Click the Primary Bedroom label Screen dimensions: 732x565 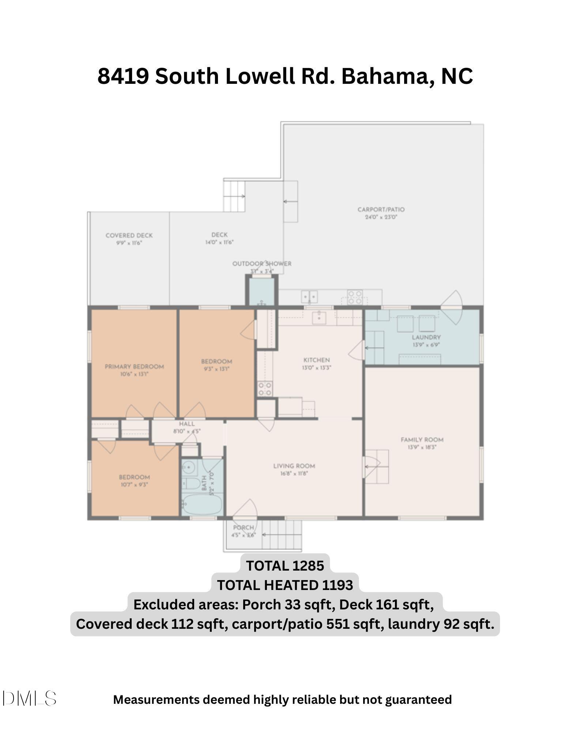[134, 366]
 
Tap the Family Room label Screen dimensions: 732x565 [422, 440]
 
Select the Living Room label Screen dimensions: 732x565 [294, 466]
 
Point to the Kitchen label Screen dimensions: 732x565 [316, 360]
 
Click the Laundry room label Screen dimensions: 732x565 [426, 337]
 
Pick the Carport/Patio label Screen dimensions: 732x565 [381, 209]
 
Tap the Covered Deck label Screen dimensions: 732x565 [129, 235]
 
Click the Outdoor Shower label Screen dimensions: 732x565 [262, 264]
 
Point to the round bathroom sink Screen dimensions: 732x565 [189, 467]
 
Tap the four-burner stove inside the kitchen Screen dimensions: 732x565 [265, 389]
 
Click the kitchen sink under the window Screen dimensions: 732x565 [319, 317]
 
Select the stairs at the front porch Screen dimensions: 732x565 [282, 535]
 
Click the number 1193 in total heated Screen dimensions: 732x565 [338, 585]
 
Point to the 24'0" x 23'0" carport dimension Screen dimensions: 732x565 [381, 217]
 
